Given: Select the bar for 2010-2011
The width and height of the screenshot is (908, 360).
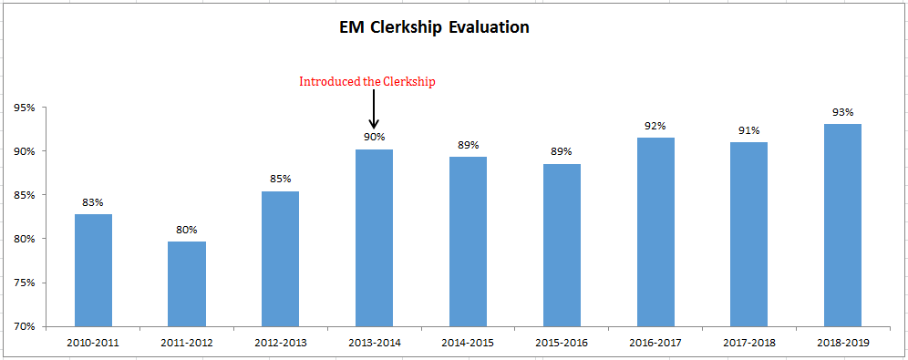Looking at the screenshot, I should pos(93,270).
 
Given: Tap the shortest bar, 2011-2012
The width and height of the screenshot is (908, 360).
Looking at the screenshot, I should pos(187,283).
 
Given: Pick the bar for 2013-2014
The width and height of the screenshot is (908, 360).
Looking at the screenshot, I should pos(374,237).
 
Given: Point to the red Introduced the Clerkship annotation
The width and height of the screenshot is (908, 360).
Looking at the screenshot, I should pos(367,81).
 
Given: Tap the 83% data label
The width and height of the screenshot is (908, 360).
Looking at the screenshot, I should pos(93,201).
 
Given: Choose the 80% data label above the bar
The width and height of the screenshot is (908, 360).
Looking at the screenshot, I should pos(187,229).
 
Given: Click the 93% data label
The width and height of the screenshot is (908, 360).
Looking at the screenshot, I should pos(842,112).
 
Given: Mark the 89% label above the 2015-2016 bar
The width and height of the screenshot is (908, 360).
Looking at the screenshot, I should pos(562,151).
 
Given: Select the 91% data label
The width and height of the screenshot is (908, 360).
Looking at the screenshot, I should pos(748,129).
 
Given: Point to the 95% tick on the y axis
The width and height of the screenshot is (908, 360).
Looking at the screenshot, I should pos(25,108).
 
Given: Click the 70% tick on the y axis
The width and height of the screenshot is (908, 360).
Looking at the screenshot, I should pos(25,326).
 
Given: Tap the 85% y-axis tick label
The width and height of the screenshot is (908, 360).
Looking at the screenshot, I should pos(25,195).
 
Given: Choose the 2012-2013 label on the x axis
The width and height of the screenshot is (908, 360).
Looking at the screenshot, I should pos(281,343).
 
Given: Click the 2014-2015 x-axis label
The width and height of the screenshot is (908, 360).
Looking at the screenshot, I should pos(468,343).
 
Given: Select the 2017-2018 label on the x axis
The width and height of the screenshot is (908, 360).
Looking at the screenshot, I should pos(748,343).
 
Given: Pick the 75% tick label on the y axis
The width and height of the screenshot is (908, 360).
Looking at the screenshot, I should pos(25,283).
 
